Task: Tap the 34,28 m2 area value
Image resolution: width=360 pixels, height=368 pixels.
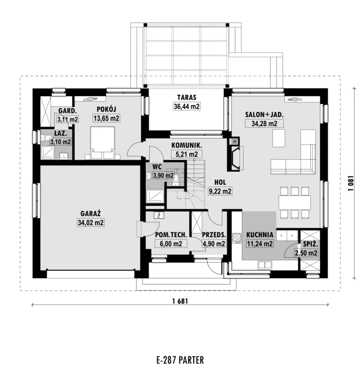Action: pyautogui.click(x=264, y=123)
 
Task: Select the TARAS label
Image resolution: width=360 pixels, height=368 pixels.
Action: pyautogui.click(x=187, y=97)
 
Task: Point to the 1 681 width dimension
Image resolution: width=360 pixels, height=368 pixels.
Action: pyautogui.click(x=180, y=301)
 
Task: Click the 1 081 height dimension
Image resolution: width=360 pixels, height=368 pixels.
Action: pyautogui.click(x=351, y=183)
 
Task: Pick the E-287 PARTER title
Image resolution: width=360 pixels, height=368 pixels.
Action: pyautogui.click(x=180, y=360)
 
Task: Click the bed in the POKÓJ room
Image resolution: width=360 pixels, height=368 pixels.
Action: pyautogui.click(x=103, y=143)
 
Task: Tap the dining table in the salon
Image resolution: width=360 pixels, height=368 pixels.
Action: pyautogui.click(x=295, y=203)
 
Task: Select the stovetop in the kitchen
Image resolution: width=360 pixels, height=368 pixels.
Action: pyautogui.click(x=237, y=238)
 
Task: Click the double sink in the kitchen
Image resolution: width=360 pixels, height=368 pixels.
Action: pyautogui.click(x=265, y=265)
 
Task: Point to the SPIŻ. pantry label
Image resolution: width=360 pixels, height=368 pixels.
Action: pyautogui.click(x=310, y=244)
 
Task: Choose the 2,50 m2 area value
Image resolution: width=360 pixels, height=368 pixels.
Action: pyautogui.click(x=306, y=253)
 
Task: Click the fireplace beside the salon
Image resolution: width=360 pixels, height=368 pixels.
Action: pyautogui.click(x=235, y=158)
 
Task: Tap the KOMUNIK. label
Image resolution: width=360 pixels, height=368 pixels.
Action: pyautogui.click(x=187, y=145)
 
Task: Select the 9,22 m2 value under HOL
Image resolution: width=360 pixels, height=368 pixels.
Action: pyautogui.click(x=220, y=191)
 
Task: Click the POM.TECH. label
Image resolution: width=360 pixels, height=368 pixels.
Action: pyautogui.click(x=171, y=235)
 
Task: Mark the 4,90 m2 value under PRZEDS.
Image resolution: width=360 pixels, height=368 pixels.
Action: pyautogui.click(x=214, y=244)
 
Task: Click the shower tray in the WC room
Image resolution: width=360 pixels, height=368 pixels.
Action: pyautogui.click(x=155, y=196)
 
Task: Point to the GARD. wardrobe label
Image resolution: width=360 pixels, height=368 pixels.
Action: pyautogui.click(x=67, y=111)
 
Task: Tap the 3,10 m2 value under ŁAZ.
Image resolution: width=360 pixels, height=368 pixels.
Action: pyautogui.click(x=60, y=142)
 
